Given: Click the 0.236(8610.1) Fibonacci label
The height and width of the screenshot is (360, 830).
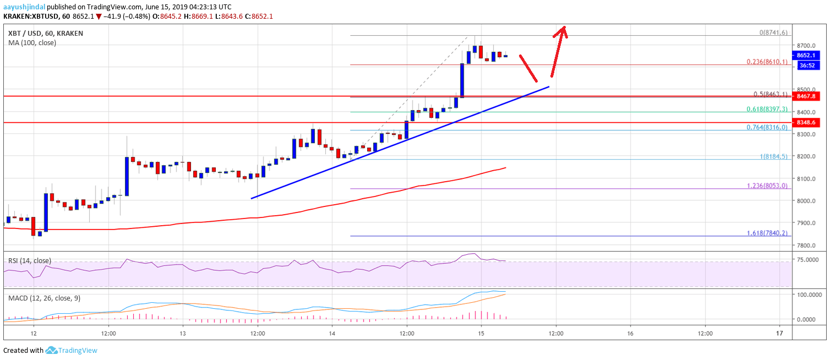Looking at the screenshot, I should (x=768, y=62).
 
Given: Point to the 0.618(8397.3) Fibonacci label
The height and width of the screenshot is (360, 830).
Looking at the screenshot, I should (x=768, y=109).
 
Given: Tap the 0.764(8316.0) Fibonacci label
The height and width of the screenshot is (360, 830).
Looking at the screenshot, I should (x=768, y=128).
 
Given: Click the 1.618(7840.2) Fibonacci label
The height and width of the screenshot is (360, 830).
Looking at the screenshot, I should (x=768, y=233).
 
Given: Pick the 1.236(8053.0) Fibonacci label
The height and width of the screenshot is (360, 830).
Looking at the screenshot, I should (x=768, y=186).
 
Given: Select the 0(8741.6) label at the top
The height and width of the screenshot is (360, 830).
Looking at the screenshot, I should (x=773, y=32).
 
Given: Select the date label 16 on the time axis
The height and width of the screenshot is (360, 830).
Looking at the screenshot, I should (x=630, y=333).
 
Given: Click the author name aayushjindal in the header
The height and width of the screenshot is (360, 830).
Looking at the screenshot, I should (x=23, y=7).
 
